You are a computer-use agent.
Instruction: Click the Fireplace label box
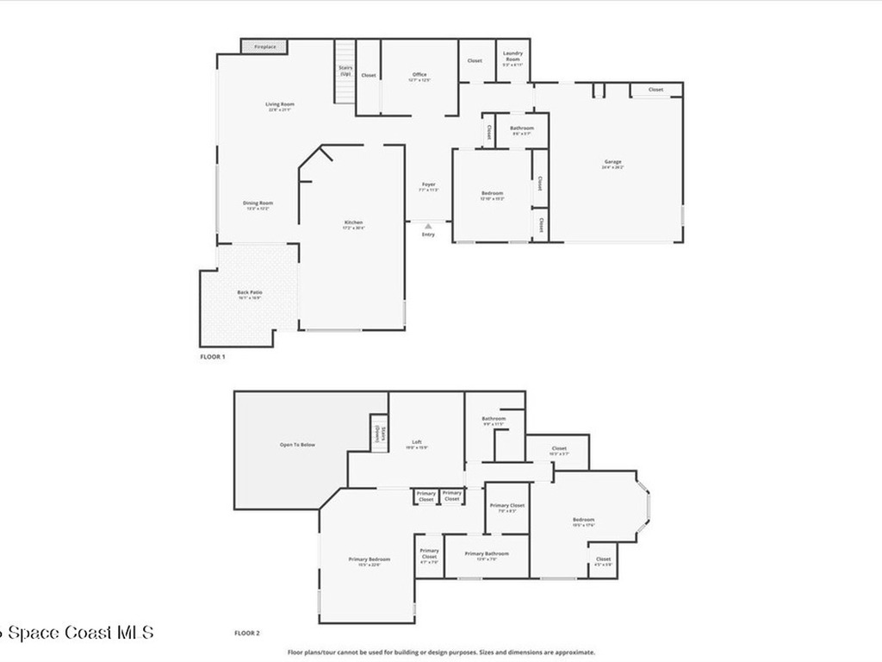264,47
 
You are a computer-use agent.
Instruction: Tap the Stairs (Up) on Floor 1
345,72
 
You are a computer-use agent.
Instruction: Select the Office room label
419,76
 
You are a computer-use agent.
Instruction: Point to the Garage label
612,163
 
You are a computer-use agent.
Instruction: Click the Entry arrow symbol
428,226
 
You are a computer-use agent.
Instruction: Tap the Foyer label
428,186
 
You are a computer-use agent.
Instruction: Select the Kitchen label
354,224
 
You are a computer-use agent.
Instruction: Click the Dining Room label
259,204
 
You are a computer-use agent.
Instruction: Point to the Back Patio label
250,294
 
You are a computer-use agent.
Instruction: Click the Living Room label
280,106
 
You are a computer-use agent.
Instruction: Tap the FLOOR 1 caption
212,356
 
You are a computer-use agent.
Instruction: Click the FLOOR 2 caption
246,633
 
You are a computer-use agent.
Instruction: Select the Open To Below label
297,445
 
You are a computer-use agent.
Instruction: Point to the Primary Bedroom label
363,561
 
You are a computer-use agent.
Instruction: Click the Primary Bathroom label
487,555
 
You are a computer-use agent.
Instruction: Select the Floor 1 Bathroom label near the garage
522,130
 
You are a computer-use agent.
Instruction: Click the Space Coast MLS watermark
78,633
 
